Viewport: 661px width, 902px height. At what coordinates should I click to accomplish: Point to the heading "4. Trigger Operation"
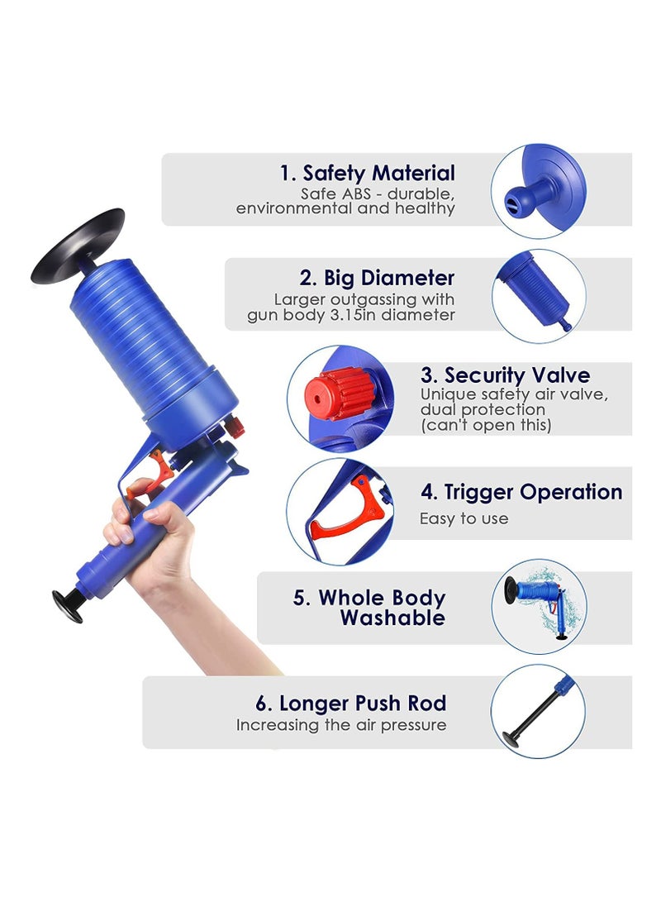point(521,492)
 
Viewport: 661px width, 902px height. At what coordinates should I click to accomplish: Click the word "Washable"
point(392,618)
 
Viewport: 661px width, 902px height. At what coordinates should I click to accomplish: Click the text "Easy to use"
point(464,519)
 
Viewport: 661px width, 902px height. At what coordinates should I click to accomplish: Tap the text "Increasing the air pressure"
point(341,725)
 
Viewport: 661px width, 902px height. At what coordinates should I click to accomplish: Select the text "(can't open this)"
point(486,425)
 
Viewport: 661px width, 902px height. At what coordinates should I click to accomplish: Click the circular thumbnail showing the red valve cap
point(340,398)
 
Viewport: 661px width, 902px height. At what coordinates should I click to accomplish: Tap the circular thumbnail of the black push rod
point(538,711)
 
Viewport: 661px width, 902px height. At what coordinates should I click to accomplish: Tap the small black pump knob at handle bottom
point(66,604)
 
